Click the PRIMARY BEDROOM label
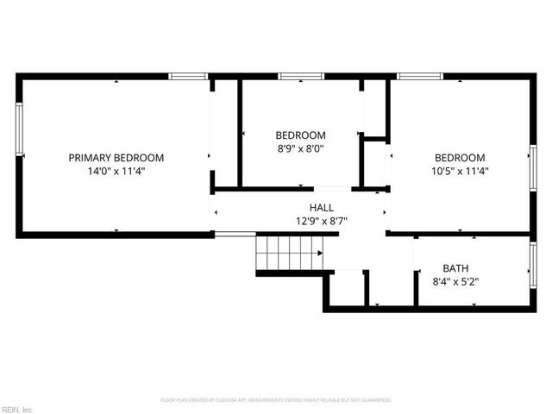pyautogui.click(x=116, y=158)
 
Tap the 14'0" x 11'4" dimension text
pyautogui.click(x=116, y=171)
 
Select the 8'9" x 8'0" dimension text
pyautogui.click(x=300, y=148)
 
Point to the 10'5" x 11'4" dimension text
pyautogui.click(x=459, y=171)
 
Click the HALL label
pyautogui.click(x=321, y=208)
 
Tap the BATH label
pyautogui.click(x=455, y=267)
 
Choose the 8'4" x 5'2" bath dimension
pyautogui.click(x=455, y=280)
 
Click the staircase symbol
pyautogui.click(x=288, y=255)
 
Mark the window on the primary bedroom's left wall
pyautogui.click(x=19, y=129)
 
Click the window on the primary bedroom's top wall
pyautogui.click(x=189, y=77)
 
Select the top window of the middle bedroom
pyautogui.click(x=299, y=77)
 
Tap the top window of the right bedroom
pyautogui.click(x=419, y=77)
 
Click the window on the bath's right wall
pyautogui.click(x=533, y=265)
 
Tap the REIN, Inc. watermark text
pyautogui.click(x=16, y=408)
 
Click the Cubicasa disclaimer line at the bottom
pyautogui.click(x=276, y=400)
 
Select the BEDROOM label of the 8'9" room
pyautogui.click(x=300, y=135)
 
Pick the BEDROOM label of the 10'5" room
pyautogui.click(x=459, y=158)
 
